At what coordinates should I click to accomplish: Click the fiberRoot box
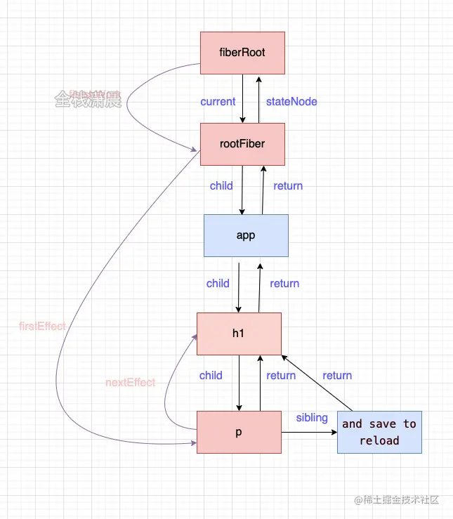[x=242, y=53]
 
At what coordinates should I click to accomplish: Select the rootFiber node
[x=242, y=144]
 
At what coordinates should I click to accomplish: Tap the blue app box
[x=246, y=235]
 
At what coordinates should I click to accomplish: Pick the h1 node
[x=239, y=334]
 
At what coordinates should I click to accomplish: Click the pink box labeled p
[x=239, y=432]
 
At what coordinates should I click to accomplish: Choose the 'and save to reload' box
[x=379, y=432]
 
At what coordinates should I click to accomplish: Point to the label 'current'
[x=218, y=102]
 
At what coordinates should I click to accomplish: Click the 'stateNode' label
[x=291, y=102]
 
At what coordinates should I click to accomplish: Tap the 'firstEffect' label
[x=43, y=327]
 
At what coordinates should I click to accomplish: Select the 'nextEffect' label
[x=130, y=383]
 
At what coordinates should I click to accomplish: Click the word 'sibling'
[x=312, y=418]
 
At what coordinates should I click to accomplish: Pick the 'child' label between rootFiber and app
[x=221, y=186]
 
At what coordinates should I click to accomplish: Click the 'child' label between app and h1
[x=218, y=284]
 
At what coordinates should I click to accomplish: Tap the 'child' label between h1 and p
[x=211, y=376]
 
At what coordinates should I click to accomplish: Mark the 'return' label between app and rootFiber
[x=288, y=186]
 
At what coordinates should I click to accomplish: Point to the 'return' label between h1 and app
[x=284, y=284]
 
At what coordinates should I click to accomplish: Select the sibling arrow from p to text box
[x=309, y=433]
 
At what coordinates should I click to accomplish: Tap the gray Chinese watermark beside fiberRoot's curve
[x=88, y=100]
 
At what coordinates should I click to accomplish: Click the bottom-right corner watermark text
[x=397, y=500]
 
